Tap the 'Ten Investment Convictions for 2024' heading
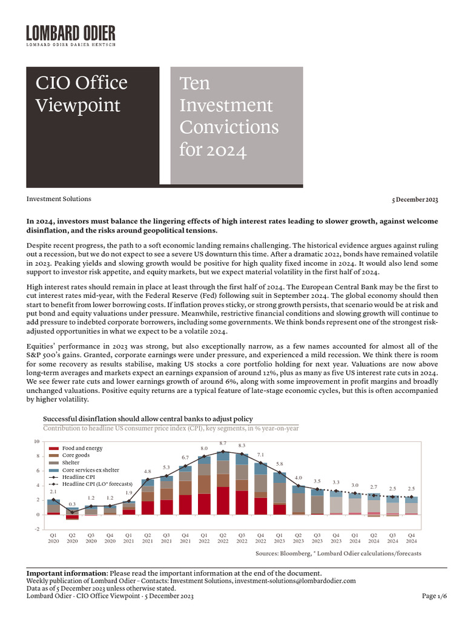pos(229,116)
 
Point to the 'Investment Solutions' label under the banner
pos(59,199)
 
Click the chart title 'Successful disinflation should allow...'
pos(148,419)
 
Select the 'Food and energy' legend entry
pos(82,448)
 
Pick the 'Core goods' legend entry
pos(76,455)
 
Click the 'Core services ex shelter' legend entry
pos(90,470)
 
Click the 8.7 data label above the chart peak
pos(223,444)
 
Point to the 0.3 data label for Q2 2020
pos(72,504)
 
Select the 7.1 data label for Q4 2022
pos(260,455)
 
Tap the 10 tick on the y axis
pos(36,441)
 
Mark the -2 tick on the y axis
pos(37,529)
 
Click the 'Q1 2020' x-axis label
pos(53,539)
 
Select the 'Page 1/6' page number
pos(434,596)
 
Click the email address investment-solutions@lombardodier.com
pos(295,581)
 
